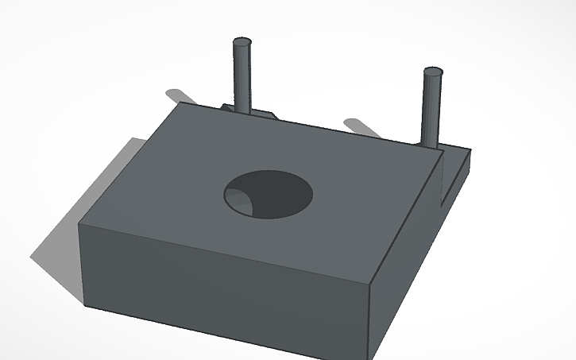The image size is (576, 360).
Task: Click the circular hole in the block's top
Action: pos(268,193)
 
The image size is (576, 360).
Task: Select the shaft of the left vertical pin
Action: pos(243,75)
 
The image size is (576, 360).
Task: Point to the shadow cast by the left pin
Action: pos(191,95)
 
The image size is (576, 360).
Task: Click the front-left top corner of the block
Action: pos(79,223)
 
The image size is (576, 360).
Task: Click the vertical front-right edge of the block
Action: pos(371,318)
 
